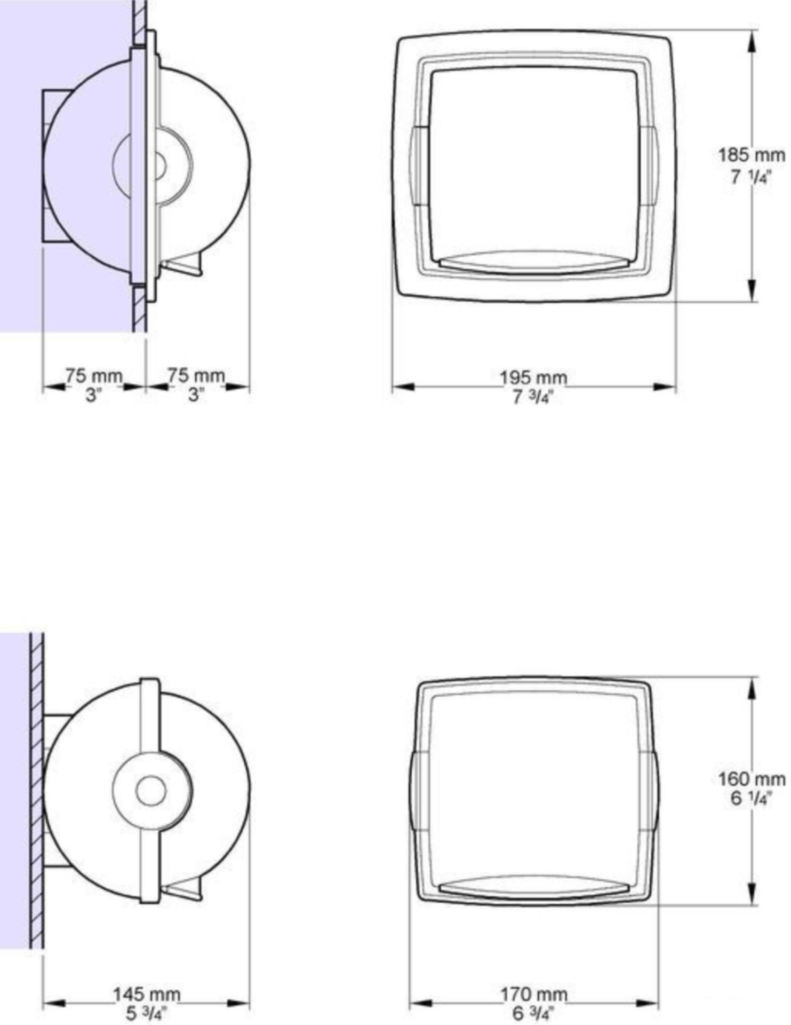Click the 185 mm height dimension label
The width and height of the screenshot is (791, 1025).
[751, 156]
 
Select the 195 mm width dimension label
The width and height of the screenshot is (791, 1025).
[533, 377]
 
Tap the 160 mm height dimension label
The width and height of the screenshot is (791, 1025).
[751, 779]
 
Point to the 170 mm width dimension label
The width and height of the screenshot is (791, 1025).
[533, 994]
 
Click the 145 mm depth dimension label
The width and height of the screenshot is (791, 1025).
[147, 994]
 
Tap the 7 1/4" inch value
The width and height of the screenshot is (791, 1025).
[751, 177]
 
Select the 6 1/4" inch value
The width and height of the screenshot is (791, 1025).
[751, 799]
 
